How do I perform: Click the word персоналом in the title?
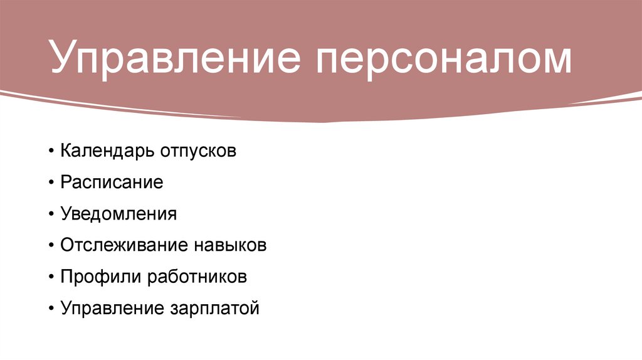click(x=444, y=61)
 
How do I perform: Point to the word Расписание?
click(x=112, y=183)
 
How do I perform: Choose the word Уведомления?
click(x=119, y=214)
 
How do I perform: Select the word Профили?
click(x=100, y=277)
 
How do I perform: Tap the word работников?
click(x=197, y=277)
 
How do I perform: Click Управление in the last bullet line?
click(x=110, y=309)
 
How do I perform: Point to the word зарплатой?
click(x=214, y=309)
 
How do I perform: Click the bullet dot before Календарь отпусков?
click(x=51, y=152)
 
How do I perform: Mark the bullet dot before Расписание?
click(x=51, y=183)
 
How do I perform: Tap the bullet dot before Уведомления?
click(x=51, y=214)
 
